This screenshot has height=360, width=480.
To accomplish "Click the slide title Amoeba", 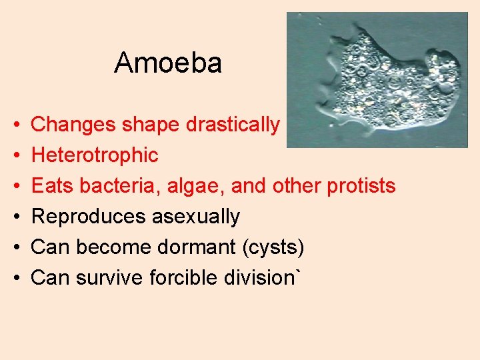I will [x=167, y=63].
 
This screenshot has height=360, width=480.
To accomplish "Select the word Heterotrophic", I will [x=95, y=155].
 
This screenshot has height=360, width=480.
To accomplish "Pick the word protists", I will [x=361, y=186].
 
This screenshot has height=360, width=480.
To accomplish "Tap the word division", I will [x=261, y=278].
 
